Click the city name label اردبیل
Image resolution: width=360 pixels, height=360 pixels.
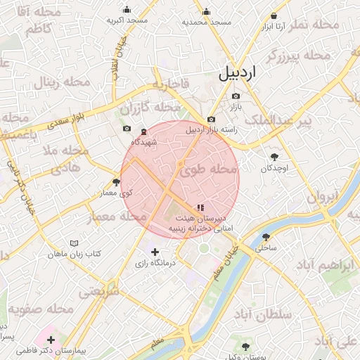(238, 72)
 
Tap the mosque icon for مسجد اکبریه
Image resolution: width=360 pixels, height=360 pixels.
(127, 10)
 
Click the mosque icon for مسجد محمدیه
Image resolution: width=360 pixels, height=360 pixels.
(206, 11)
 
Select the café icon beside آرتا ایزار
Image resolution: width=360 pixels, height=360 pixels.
(274, 16)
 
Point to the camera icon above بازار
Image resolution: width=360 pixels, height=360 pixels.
(236, 96)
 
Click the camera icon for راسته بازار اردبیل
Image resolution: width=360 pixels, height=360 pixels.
(211, 120)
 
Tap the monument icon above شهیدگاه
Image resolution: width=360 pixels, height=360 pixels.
(143, 132)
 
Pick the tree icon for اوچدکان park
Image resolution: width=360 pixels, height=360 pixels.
(274, 157)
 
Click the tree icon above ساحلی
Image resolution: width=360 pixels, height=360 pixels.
(266, 237)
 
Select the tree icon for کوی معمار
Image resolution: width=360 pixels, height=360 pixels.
(116, 182)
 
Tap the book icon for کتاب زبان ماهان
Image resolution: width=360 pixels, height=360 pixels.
(73, 243)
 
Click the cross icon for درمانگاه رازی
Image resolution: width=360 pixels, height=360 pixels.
(155, 252)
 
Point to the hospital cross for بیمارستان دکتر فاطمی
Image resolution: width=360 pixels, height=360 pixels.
(51, 340)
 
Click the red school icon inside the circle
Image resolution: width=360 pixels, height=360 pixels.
(200, 207)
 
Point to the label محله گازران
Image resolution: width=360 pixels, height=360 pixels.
(150, 108)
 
